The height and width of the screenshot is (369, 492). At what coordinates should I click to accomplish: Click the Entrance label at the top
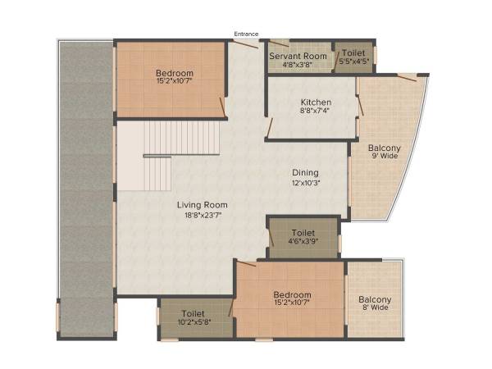click(x=246, y=34)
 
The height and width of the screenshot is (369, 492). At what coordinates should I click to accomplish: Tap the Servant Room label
click(x=298, y=56)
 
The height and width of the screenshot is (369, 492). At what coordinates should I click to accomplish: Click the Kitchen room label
click(x=316, y=102)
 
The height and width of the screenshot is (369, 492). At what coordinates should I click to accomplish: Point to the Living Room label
click(x=203, y=204)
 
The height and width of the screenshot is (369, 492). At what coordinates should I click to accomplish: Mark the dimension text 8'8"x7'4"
click(x=316, y=112)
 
